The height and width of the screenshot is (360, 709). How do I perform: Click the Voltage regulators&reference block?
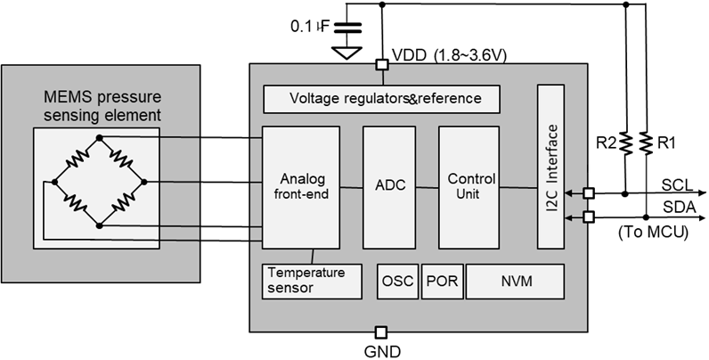(x=381, y=99)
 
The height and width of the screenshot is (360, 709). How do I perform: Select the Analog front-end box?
(x=300, y=186)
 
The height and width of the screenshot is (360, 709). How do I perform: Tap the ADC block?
(x=389, y=186)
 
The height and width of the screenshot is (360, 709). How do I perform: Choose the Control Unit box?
(x=470, y=186)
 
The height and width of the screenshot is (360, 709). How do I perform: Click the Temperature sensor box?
(x=313, y=281)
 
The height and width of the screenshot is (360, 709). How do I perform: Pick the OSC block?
(x=397, y=281)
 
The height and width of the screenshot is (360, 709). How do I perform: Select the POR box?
(x=442, y=281)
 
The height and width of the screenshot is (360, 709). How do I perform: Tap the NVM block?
(x=516, y=281)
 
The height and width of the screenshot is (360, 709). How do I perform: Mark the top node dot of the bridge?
(x=99, y=137)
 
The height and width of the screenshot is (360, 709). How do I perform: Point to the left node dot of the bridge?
(x=55, y=181)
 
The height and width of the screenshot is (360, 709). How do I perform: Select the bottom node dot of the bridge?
(x=99, y=225)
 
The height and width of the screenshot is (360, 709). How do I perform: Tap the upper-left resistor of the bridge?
(x=77, y=159)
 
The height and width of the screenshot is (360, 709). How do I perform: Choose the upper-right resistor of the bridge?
(x=121, y=159)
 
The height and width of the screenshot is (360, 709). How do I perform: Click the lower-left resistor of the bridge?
(x=77, y=203)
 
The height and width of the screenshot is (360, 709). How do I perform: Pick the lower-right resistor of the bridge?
(x=121, y=203)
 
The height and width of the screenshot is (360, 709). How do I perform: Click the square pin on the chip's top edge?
(x=381, y=65)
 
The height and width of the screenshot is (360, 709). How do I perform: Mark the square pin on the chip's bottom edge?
(x=381, y=331)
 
